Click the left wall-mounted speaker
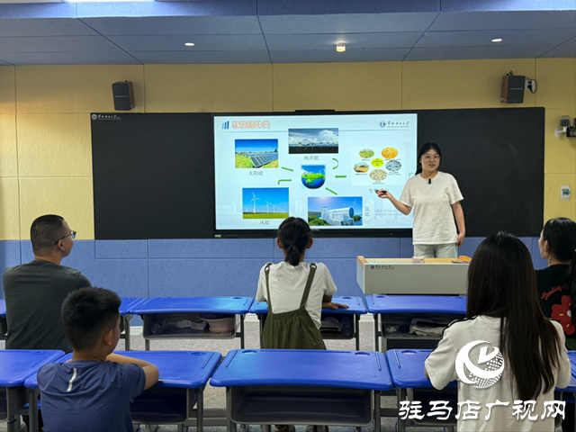(x=123, y=95)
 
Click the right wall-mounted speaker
(x=513, y=88)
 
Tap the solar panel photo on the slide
(x=256, y=153)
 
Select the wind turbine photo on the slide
(x=265, y=202)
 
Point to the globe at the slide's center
(x=313, y=175)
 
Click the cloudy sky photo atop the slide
(x=313, y=140)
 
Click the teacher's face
(x=429, y=160)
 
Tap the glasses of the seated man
(x=68, y=235)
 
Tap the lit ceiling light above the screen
(x=340, y=47)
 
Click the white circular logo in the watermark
(x=480, y=364)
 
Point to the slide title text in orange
(x=252, y=124)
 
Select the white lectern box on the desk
(x=412, y=275)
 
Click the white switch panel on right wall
(x=565, y=192)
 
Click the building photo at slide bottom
(x=335, y=211)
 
